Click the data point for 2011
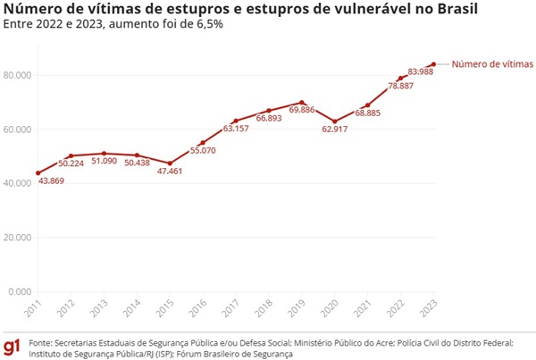[38, 173]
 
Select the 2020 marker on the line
[334, 121]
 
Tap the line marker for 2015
[170, 163]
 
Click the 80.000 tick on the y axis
[18, 75]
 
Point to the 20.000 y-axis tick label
[18, 238]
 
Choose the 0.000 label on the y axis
[21, 292]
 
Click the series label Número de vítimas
[489, 63]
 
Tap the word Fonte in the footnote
[39, 342]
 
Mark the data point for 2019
[302, 103]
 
